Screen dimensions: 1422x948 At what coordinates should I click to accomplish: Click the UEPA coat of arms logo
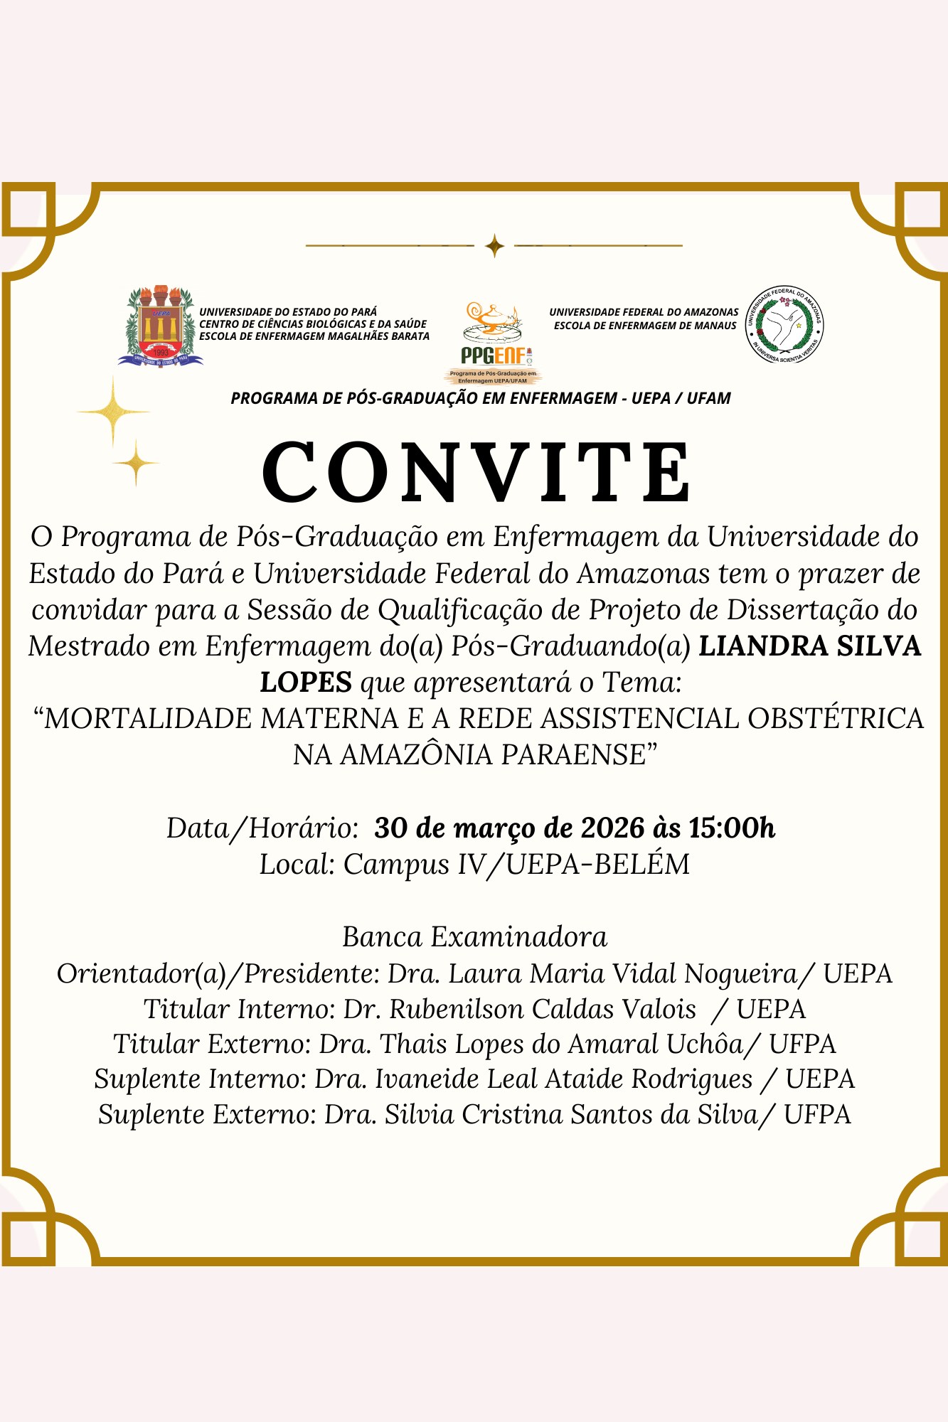(x=160, y=327)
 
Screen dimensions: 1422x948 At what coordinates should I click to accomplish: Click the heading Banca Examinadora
(x=474, y=937)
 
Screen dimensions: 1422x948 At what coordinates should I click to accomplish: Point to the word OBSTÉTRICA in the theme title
(x=836, y=719)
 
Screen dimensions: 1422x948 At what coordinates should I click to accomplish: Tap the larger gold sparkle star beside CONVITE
(x=113, y=412)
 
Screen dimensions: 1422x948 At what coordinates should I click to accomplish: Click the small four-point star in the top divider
(x=494, y=246)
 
